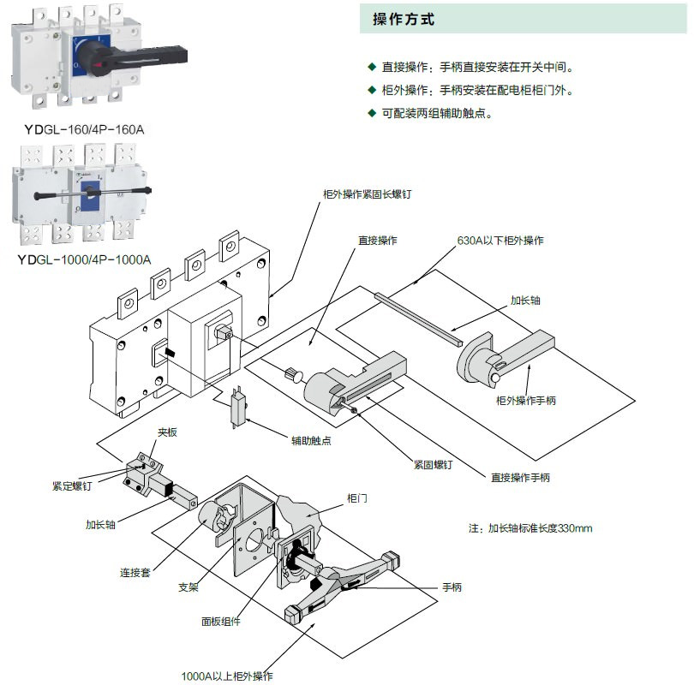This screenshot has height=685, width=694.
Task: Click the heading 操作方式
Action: [404, 20]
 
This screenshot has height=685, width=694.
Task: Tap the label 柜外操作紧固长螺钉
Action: [367, 194]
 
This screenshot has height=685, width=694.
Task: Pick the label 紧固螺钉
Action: [434, 463]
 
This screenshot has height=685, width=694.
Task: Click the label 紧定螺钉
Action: [72, 485]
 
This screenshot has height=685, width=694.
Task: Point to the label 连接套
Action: [135, 572]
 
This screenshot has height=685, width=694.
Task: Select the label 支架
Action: [188, 587]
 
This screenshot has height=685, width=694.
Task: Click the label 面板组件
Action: [221, 622]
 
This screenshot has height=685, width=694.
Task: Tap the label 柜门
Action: [357, 497]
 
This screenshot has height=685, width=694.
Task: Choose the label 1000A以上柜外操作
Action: [226, 676]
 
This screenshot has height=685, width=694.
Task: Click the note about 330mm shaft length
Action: [530, 527]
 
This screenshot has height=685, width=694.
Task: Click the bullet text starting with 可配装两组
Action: [437, 113]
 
